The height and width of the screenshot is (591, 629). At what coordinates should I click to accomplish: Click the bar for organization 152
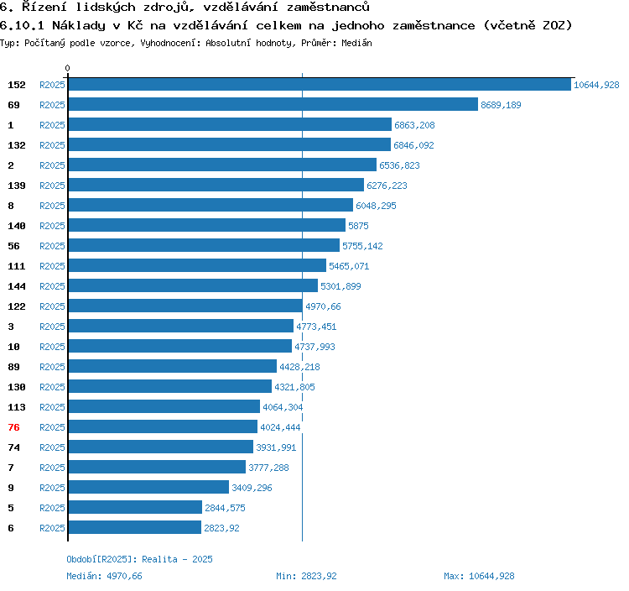click(320, 85)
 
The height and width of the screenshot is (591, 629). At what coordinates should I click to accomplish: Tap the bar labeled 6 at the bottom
click(134, 528)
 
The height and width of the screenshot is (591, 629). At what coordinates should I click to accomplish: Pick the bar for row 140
click(206, 226)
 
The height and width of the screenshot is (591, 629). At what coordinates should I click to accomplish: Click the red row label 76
click(13, 427)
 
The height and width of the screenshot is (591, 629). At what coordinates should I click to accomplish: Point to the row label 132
click(17, 145)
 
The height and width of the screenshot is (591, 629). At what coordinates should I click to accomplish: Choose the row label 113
click(17, 407)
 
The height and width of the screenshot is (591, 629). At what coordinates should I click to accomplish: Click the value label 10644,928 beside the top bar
click(596, 85)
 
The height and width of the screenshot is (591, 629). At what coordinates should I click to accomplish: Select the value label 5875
click(358, 226)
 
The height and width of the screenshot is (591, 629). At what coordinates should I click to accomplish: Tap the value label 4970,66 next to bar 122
click(323, 306)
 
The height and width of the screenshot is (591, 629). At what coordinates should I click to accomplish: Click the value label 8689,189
click(501, 105)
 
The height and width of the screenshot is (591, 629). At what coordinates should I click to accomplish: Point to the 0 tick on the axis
click(68, 68)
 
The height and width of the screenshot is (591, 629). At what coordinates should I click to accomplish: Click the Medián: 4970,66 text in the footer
click(105, 576)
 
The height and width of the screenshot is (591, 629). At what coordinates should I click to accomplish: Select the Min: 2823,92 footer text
click(306, 576)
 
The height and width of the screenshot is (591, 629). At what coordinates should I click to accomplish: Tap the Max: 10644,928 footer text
click(479, 576)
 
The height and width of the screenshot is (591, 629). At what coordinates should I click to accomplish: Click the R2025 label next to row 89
click(52, 367)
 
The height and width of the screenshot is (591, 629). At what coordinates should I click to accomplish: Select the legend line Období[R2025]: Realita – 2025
click(140, 559)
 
